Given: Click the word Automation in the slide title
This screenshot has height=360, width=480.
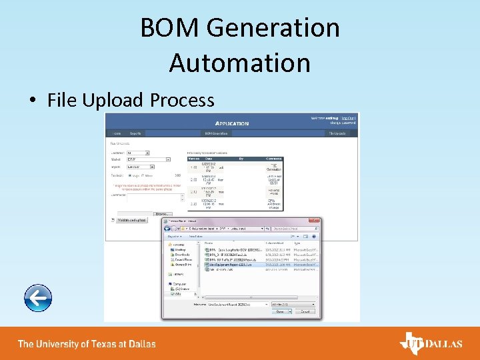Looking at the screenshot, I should (x=239, y=63).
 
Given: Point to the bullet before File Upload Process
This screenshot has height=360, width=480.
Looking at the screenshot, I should (x=33, y=101).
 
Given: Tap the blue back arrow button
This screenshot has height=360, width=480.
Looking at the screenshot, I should (x=37, y=298).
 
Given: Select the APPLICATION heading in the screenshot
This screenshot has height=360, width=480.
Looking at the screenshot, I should (x=232, y=123).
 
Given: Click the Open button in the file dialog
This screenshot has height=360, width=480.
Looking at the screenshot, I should (x=280, y=311).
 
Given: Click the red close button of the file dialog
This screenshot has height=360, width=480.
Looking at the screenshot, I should (x=315, y=221).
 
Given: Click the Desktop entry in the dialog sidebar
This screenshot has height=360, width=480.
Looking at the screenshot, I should (x=182, y=249).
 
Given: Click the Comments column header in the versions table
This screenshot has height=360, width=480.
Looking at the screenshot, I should (x=274, y=159).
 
